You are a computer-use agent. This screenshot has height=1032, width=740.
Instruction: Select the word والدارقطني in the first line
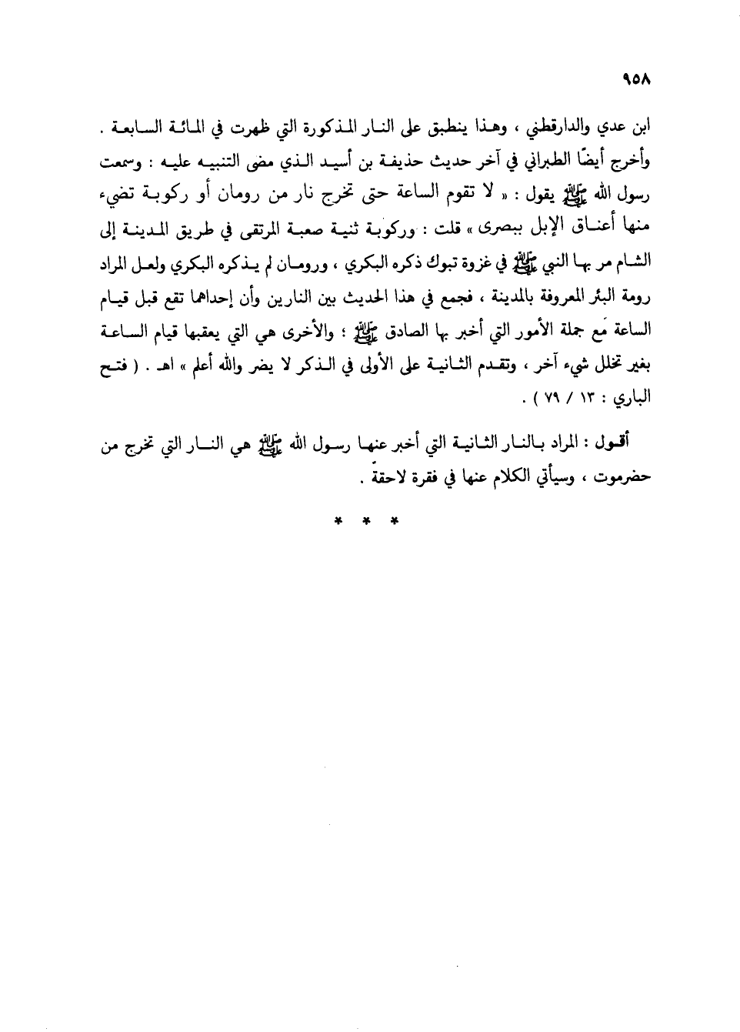tap(578, 127)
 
